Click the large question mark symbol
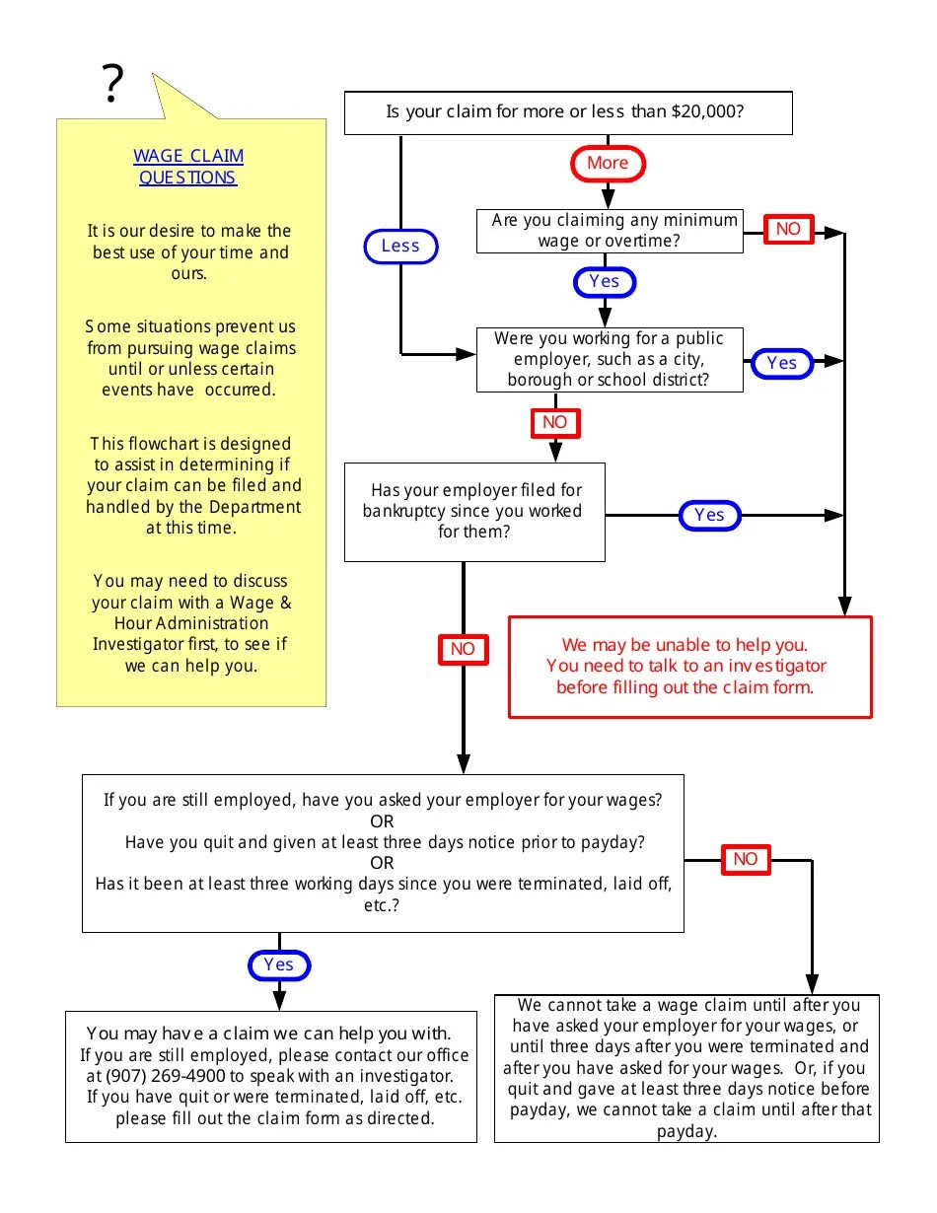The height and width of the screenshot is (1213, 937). click(113, 85)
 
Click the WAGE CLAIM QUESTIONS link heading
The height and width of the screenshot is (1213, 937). click(188, 167)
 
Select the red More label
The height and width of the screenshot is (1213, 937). click(608, 164)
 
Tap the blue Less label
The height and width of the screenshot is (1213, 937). click(400, 246)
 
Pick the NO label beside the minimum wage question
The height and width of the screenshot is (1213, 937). click(788, 229)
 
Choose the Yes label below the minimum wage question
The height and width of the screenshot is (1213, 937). click(605, 282)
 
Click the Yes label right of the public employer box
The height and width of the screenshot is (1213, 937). click(781, 363)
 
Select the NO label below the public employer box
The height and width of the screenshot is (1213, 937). click(555, 423)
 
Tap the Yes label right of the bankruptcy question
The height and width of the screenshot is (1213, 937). click(709, 515)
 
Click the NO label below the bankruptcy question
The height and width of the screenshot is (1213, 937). click(463, 649)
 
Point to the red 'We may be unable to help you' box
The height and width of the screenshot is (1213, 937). click(689, 667)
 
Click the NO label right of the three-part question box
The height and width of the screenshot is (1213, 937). click(746, 859)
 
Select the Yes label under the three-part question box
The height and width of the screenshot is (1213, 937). click(279, 964)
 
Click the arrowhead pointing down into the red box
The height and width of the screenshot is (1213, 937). click(844, 606)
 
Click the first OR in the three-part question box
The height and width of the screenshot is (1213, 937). click(383, 821)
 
